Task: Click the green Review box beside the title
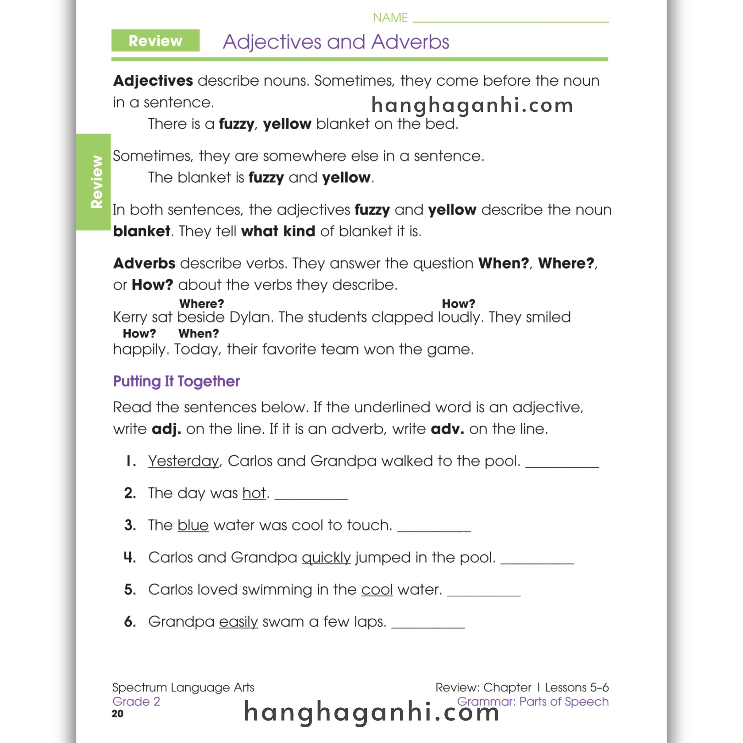(155, 40)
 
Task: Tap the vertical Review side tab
(94, 182)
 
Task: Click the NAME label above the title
(390, 18)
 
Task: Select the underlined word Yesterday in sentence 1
(184, 461)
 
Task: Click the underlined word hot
(254, 493)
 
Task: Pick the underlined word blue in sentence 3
(193, 525)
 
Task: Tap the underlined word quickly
(326, 557)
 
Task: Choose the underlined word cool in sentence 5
(377, 589)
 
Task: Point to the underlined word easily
(238, 621)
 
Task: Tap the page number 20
(118, 714)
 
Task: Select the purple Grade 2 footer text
(136, 702)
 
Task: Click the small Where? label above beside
(201, 303)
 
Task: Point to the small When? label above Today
(198, 333)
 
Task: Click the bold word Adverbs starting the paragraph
(144, 263)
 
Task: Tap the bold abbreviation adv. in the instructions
(447, 429)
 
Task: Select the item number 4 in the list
(130, 557)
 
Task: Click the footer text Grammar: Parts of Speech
(533, 702)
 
